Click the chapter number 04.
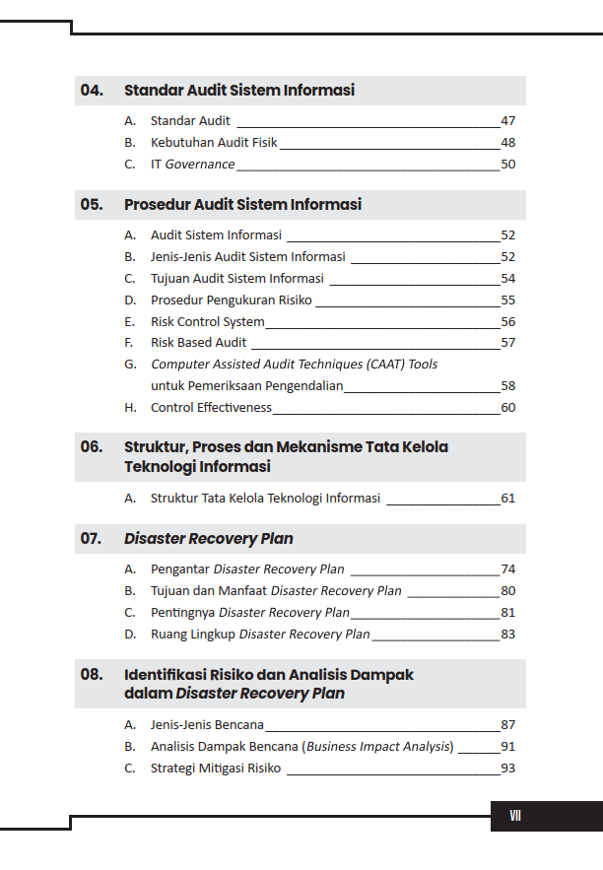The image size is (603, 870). (x=92, y=91)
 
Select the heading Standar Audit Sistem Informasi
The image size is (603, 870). (x=238, y=91)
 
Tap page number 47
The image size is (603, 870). (x=507, y=121)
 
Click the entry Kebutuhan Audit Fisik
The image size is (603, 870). (x=214, y=143)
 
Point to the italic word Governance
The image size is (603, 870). (x=200, y=165)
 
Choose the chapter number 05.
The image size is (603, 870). (x=92, y=205)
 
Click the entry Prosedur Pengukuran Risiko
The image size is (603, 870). (x=232, y=301)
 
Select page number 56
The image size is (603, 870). (x=507, y=322)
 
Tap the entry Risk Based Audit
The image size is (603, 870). (x=198, y=343)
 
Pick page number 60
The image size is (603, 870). (x=507, y=408)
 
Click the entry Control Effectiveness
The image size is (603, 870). (x=211, y=408)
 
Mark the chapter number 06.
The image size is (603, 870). (x=92, y=447)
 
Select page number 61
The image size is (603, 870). (x=507, y=499)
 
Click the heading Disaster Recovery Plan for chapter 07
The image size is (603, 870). (x=208, y=539)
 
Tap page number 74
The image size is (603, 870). (x=507, y=569)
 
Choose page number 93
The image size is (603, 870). (x=507, y=769)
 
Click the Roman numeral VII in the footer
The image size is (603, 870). (x=515, y=816)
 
